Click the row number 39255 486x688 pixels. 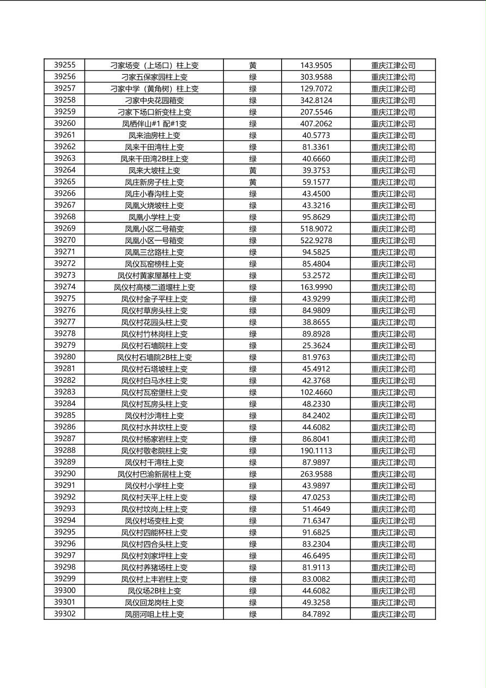(65, 65)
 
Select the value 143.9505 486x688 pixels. (316, 65)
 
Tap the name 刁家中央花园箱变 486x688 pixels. (154, 100)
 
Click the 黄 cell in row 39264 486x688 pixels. (253, 170)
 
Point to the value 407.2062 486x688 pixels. (316, 124)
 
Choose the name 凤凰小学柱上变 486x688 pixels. (154, 217)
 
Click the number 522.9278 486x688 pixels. (316, 240)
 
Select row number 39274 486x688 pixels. (65, 287)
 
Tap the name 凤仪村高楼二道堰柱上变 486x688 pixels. (154, 287)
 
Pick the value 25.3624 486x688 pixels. (316, 346)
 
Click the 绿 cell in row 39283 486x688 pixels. (253, 393)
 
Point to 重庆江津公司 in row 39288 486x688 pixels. (393, 451)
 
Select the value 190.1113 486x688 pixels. (316, 451)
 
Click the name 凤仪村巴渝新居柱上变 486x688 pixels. (154, 474)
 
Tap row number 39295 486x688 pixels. (65, 532)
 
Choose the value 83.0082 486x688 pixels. (316, 579)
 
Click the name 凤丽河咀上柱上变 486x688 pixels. (154, 614)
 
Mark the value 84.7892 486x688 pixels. (316, 614)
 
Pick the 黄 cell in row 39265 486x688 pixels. (253, 182)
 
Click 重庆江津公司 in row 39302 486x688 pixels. (393, 614)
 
